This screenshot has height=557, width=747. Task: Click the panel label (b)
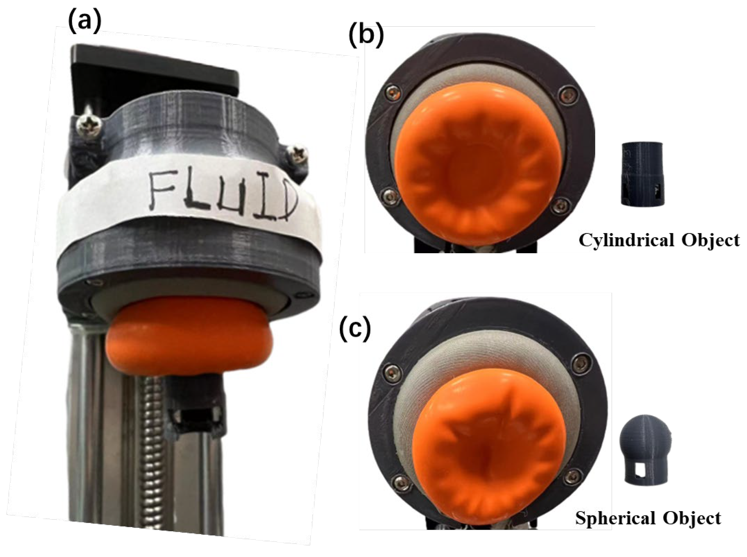click(x=366, y=36)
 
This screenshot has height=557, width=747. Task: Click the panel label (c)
click(x=355, y=330)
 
